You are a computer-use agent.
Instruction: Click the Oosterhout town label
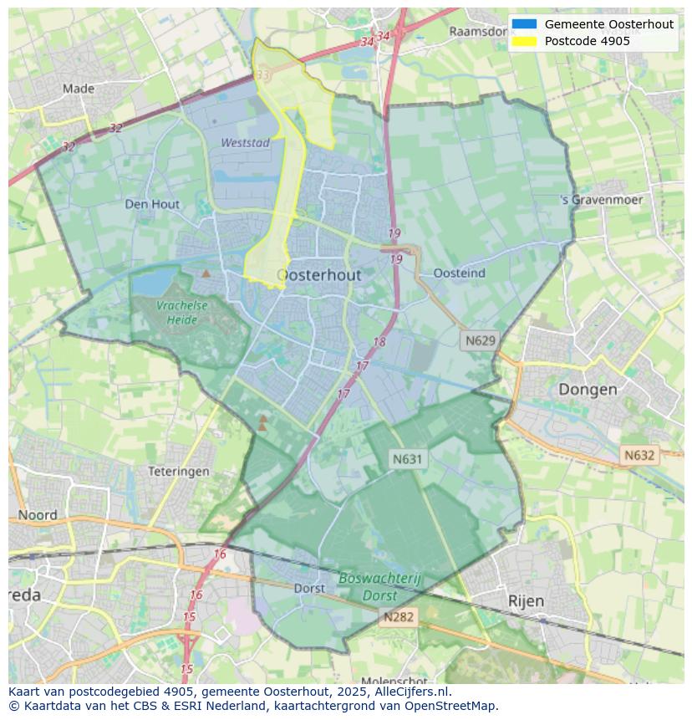tap(318, 275)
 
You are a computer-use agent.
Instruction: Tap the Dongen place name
tap(588, 390)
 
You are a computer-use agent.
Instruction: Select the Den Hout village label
tap(152, 204)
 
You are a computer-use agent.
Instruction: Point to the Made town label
tap(79, 89)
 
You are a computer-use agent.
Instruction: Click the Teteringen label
tap(179, 472)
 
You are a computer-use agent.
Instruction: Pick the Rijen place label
tap(526, 600)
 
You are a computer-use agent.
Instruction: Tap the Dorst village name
tap(309, 589)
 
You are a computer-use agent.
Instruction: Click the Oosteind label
tap(460, 273)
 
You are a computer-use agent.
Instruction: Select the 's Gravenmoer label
tap(602, 201)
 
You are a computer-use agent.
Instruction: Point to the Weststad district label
tap(245, 143)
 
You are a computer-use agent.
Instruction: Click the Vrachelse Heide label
tap(181, 313)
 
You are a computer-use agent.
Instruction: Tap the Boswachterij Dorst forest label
tap(380, 586)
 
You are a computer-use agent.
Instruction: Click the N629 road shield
tap(481, 340)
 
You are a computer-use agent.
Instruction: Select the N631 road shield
tap(408, 458)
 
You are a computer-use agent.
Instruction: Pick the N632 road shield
tap(639, 456)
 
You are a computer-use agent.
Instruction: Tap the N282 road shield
tap(399, 617)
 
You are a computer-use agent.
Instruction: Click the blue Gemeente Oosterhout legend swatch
tap(524, 24)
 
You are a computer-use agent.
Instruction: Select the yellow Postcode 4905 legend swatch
tap(524, 41)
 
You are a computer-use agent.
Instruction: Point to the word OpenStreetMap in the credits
tap(451, 706)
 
